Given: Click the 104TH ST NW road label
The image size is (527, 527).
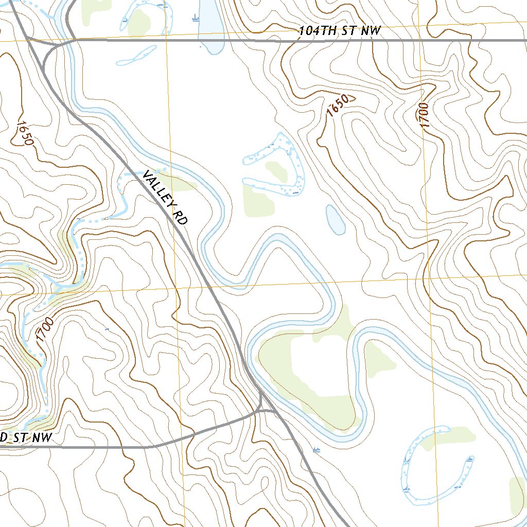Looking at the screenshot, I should [x=340, y=31].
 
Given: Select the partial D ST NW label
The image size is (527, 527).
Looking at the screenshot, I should [x=26, y=438].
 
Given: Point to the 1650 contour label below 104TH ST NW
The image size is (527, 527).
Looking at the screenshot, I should [x=338, y=106].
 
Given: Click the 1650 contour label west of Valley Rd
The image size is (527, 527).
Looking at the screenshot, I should [x=25, y=133].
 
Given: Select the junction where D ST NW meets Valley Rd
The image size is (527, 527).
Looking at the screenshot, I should [x=261, y=409].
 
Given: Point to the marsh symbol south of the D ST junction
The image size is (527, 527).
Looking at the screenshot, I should [x=316, y=450].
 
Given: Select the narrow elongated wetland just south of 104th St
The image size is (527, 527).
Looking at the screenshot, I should [x=136, y=56].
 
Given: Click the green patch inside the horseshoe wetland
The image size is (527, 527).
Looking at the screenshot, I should [x=276, y=171].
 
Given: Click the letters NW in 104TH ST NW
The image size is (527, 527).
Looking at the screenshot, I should [x=371, y=31].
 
